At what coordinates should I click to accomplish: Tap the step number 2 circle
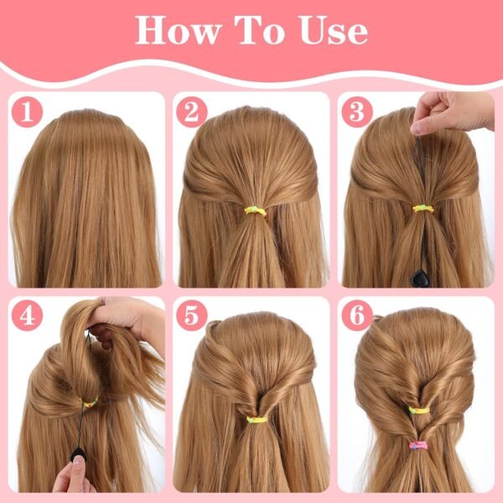tap(191, 111)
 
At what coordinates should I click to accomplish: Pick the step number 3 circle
tap(355, 111)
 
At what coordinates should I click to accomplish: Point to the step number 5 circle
tap(191, 316)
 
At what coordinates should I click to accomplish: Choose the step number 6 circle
tap(355, 316)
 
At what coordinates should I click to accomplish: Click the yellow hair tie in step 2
tap(255, 210)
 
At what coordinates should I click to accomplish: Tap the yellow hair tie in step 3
tap(421, 207)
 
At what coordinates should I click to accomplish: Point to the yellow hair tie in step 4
tap(89, 402)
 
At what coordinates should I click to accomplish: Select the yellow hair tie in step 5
tap(257, 417)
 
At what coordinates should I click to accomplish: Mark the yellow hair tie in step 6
tap(418, 409)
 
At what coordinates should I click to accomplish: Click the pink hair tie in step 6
tap(418, 444)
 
